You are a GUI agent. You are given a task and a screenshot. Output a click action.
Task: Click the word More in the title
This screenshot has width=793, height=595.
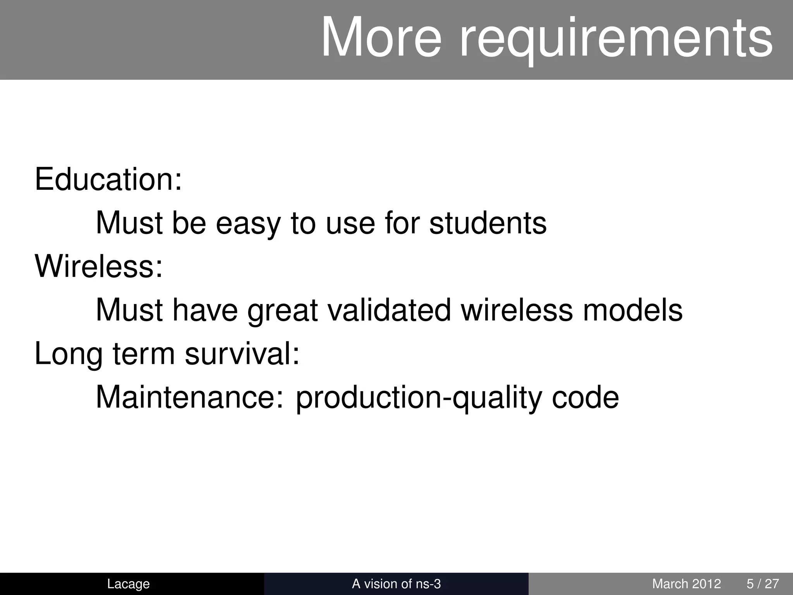tap(381, 38)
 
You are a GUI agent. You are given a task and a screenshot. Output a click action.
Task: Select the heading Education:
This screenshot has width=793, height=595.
tap(108, 179)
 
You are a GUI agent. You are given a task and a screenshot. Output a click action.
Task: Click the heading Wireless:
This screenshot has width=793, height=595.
tap(99, 267)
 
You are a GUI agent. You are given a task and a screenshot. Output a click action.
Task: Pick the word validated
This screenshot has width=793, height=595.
tap(389, 310)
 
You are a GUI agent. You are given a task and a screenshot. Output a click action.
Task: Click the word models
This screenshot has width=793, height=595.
tap(632, 310)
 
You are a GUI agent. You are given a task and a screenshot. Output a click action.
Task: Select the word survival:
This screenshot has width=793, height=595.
tap(242, 354)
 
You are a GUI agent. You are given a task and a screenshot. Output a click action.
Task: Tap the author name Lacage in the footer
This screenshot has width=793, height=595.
tap(128, 584)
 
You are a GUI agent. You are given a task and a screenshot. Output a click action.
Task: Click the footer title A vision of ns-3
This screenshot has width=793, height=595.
tap(396, 584)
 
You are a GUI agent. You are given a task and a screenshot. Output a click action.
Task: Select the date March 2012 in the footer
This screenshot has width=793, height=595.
tap(686, 584)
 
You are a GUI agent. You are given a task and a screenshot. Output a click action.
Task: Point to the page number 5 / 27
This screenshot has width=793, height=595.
tap(762, 584)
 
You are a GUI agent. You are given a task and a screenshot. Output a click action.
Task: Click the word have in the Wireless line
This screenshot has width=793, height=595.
tap(205, 310)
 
